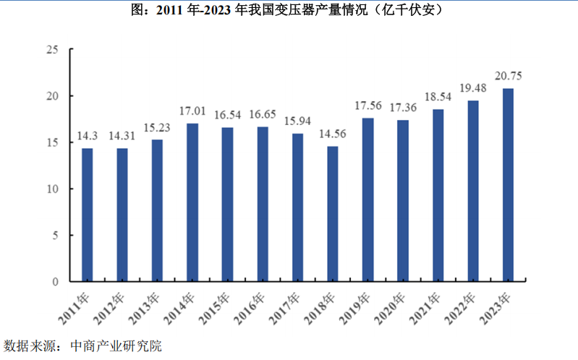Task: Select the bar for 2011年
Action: pos(87,215)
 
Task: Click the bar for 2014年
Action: pos(192,202)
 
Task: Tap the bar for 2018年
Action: pos(333,213)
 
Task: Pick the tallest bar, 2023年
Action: pos(509,184)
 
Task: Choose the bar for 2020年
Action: pos(403,200)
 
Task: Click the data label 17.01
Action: pos(192,112)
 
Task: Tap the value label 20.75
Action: pos(509,76)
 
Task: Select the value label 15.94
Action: pos(297,121)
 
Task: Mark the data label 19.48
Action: pos(473,88)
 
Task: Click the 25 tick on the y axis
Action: pos(52,50)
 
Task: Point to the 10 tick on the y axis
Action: pos(52,189)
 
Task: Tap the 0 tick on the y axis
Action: pos(55,281)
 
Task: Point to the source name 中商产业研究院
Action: pos(116,346)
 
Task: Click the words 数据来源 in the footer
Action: pos(27,346)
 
